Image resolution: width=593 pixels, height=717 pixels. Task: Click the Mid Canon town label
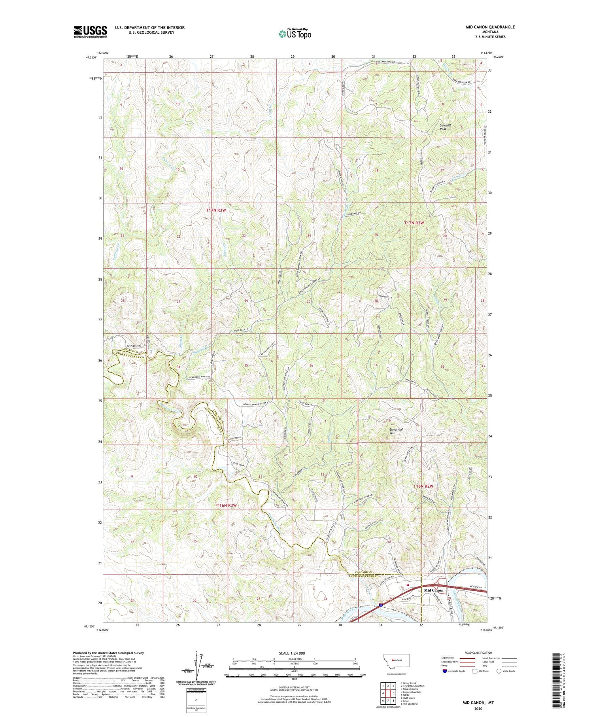pos(434,590)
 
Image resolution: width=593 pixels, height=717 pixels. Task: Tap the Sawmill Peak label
pos(446,127)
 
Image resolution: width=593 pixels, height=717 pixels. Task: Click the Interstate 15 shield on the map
pos(380,605)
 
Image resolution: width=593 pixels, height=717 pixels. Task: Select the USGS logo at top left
pos(90,32)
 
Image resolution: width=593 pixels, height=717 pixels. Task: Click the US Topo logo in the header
pos(295,34)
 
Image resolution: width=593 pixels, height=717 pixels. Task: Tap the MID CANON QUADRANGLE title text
pos(490,27)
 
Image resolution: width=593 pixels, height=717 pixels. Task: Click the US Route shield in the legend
pos(475,671)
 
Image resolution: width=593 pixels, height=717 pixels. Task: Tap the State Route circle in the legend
pos(499,671)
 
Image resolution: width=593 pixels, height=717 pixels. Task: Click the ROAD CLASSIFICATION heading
pos(478,653)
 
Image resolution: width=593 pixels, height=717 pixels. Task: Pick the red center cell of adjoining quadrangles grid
pos(388,693)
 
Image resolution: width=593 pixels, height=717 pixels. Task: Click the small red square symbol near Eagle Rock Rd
pos(408,585)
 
